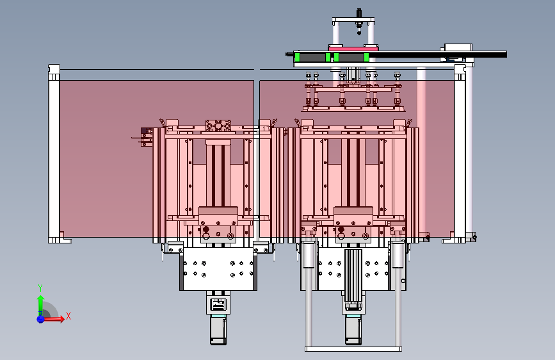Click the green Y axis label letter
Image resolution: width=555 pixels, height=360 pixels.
40,288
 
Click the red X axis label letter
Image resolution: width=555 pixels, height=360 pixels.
68,316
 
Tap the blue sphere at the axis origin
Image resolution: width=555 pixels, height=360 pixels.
41,319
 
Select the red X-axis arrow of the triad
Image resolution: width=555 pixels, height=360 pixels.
53,319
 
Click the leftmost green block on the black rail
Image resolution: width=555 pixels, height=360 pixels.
297,58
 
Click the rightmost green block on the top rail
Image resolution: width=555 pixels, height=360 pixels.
366,58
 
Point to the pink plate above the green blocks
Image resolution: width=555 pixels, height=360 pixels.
353,48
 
